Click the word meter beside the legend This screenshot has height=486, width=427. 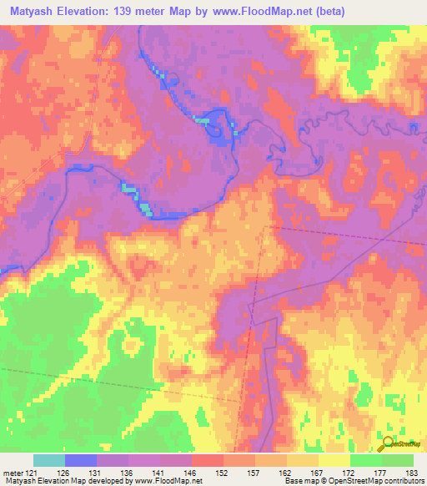click(13, 473)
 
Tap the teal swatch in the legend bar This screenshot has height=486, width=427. click(49, 460)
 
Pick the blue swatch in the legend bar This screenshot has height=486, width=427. click(81, 460)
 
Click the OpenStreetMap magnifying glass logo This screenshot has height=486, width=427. click(389, 444)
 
